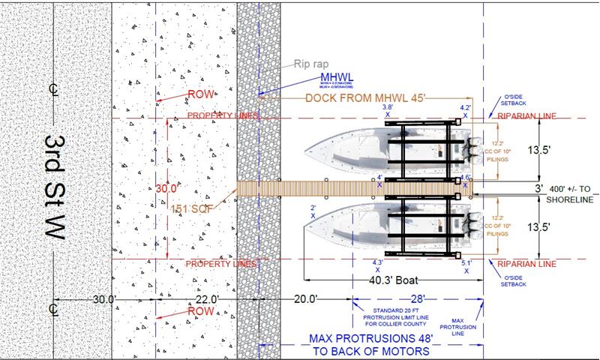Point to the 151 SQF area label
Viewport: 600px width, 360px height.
pos(191,208)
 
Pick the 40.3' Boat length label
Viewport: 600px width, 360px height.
pos(392,281)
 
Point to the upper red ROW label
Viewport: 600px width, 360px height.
pos(200,94)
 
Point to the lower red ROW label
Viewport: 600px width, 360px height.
pos(200,310)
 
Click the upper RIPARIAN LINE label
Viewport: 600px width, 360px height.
pos(525,116)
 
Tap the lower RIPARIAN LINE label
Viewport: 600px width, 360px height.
pos(525,264)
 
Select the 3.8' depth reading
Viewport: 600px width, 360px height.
pos(388,108)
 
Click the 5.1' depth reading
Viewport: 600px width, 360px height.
pos(466,263)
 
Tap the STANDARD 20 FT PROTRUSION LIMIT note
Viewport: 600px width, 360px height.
pos(403,318)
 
